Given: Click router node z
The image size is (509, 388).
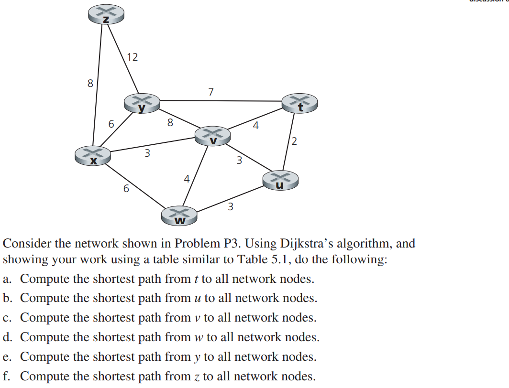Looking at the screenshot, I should click(x=106, y=15).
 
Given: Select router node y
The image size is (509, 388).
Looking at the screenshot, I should click(x=142, y=103).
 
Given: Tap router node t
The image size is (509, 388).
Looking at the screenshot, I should click(x=299, y=103).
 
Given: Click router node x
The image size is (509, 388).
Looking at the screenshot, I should click(x=93, y=156).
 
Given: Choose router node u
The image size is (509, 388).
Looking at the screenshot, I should click(x=280, y=180).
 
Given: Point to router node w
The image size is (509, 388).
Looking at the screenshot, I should click(x=180, y=216).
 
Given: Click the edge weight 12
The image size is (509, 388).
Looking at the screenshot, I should click(x=132, y=57).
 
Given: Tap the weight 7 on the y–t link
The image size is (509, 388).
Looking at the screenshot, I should click(x=211, y=91).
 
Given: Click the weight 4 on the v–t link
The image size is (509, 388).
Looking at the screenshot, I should click(x=256, y=126).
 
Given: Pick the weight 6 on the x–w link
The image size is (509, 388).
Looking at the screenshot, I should click(x=126, y=189).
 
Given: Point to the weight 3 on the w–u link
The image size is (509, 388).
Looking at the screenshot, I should click(x=230, y=206).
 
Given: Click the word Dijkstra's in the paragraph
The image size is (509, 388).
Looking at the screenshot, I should click(x=307, y=244).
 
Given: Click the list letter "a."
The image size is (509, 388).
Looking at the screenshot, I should click(x=8, y=279).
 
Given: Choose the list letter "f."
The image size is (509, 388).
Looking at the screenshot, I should click(x=7, y=377).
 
